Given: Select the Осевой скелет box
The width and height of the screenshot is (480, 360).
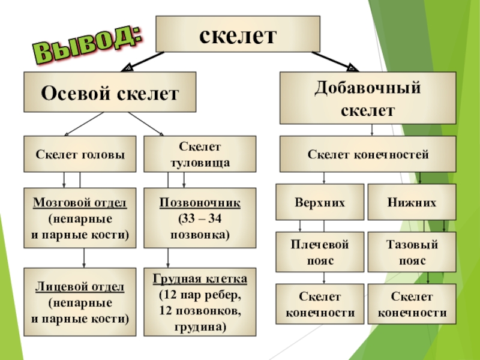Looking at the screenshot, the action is click(110, 92).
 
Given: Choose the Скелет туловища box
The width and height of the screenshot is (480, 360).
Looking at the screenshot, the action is click(200, 154).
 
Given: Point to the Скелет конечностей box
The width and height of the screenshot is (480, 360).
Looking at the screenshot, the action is click(368, 154).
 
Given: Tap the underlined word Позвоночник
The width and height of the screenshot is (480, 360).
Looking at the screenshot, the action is click(200, 202).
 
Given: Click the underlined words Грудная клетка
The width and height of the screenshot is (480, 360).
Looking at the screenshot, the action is click(200, 279).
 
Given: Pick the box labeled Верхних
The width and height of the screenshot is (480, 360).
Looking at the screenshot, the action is click(319, 202).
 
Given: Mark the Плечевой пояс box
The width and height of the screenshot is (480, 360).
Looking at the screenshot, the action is click(319, 253).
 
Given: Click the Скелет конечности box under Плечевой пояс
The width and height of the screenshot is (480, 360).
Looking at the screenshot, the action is click(319, 304).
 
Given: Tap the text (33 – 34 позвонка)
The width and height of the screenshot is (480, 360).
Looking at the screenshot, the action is click(200, 225).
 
